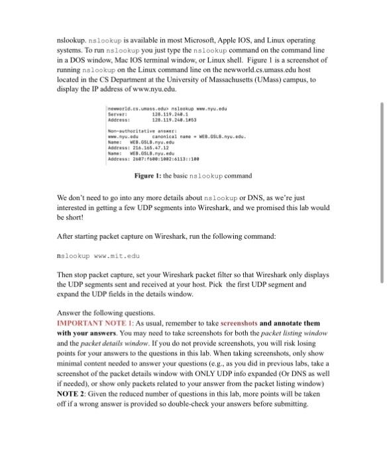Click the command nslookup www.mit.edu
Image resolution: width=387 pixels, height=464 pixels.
(99, 255)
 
